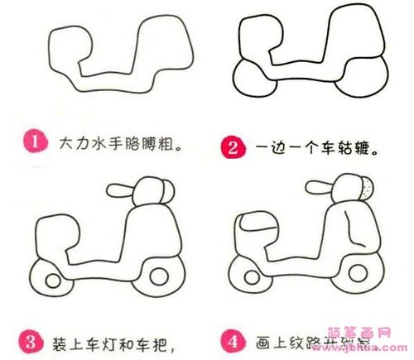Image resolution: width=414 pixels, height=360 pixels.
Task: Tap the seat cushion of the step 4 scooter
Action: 258,222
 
